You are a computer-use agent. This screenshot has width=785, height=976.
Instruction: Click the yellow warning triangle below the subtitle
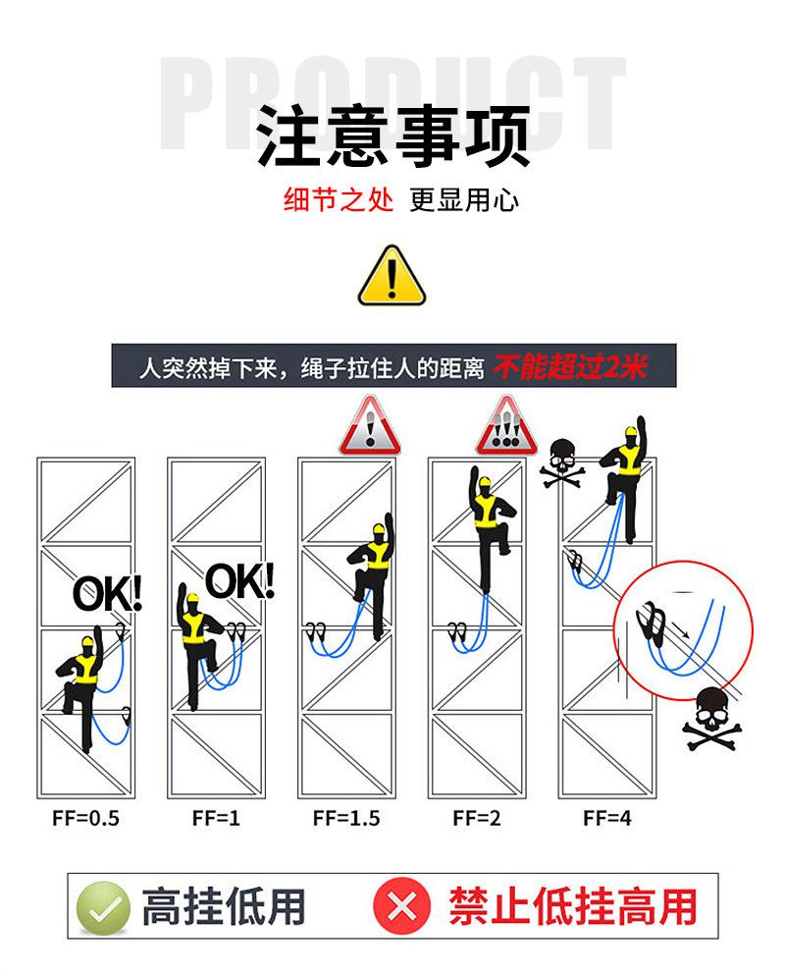392,277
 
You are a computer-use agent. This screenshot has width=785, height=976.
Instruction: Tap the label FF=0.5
85,818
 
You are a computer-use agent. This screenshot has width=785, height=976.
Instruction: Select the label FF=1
216,818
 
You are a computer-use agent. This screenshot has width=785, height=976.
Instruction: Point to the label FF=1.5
346,818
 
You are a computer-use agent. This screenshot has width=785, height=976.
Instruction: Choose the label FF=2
477,818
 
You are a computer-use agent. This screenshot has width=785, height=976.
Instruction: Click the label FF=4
607,818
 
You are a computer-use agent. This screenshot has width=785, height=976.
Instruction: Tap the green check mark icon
103,908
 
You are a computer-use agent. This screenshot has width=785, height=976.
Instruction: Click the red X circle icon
402,905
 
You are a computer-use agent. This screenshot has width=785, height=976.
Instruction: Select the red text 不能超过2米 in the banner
570,366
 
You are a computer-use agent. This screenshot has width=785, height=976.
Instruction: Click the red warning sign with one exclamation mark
370,426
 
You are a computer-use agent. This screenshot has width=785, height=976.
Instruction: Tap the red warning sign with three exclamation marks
506,426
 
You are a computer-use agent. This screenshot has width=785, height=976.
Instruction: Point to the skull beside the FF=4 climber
562,462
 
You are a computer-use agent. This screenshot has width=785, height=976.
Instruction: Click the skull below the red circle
712,719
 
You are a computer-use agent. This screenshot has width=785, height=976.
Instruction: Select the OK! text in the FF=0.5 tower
108,593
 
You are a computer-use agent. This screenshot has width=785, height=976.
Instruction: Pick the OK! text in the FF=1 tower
239,581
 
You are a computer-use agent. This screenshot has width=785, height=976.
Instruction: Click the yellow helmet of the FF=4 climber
631,431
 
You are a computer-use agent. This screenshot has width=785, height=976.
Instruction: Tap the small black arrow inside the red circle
681,630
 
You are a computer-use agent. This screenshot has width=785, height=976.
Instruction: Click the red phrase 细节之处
339,199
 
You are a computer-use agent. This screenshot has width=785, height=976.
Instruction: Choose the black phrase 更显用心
464,199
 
